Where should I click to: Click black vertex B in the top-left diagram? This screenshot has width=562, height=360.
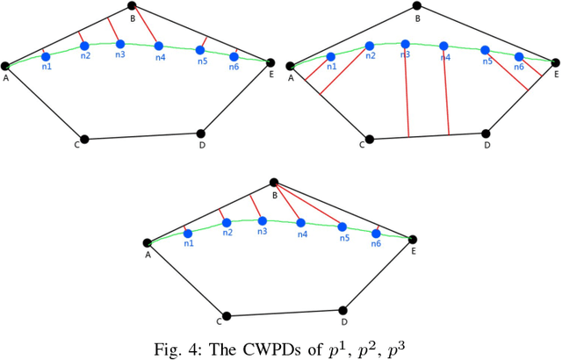(x=132, y=6)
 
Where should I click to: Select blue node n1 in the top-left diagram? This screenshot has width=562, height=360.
(x=46, y=56)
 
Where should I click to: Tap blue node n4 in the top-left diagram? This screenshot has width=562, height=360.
(x=158, y=46)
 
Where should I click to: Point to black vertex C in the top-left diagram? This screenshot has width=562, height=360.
(x=83, y=139)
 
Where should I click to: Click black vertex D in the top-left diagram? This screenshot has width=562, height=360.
(x=201, y=134)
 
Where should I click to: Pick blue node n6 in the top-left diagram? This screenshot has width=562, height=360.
(x=234, y=56)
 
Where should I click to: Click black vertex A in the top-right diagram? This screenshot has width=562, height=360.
(x=292, y=65)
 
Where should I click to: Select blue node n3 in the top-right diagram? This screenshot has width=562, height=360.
(x=405, y=43)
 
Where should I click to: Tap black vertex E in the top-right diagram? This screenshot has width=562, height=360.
(x=554, y=62)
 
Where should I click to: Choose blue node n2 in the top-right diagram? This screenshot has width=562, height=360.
(x=370, y=46)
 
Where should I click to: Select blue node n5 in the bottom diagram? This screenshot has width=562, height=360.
(x=343, y=227)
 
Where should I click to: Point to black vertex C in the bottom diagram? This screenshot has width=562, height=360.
(x=226, y=315)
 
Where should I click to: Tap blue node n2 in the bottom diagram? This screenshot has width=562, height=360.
(x=226, y=222)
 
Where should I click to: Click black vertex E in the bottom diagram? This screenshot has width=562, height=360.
(x=412, y=238)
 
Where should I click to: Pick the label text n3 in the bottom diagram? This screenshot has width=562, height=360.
(x=263, y=232)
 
